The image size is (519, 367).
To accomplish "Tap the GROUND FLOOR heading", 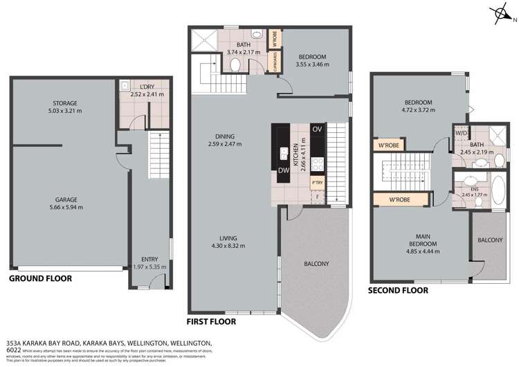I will coord(40,278).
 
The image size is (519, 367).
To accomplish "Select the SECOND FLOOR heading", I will coord(399,290).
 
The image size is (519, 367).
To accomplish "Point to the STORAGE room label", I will coord(62,103).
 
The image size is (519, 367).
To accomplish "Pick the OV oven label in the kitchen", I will coord(318,129).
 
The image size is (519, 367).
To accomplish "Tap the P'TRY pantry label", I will coord(318,183).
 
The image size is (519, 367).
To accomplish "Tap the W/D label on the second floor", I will coord(461,133).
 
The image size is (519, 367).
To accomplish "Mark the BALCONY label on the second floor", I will coord(491,240).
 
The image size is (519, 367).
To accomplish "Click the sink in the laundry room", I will coord(123,86).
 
